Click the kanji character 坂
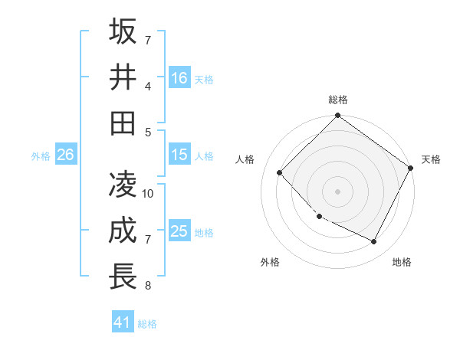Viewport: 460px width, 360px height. click(x=123, y=31)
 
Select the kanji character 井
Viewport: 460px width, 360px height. click(x=123, y=77)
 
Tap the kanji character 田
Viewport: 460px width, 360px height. click(x=123, y=123)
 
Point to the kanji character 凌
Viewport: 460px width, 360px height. click(x=123, y=185)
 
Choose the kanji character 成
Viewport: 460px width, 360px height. click(x=123, y=231)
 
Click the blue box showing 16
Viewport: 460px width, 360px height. click(x=179, y=77)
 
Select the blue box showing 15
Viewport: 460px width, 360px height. click(x=179, y=155)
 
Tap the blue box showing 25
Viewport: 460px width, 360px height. click(x=179, y=231)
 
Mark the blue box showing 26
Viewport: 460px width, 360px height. click(x=65, y=155)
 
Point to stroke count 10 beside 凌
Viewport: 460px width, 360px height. click(x=149, y=193)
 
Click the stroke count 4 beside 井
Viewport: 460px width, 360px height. click(x=148, y=85)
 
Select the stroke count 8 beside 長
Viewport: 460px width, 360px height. click(x=148, y=286)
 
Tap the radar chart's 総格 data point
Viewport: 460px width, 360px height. click(x=337, y=116)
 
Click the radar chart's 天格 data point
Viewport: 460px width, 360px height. click(x=410, y=168)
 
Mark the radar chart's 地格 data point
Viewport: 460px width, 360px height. click(x=374, y=242)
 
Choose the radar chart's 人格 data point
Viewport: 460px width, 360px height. click(x=280, y=172)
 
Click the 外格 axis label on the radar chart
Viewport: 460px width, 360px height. click(x=270, y=262)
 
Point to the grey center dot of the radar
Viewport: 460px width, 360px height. click(x=337, y=191)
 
